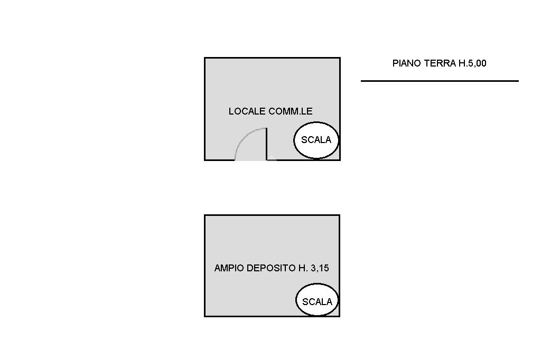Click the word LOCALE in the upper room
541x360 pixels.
coord(247,111)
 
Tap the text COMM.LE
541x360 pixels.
coord(291,111)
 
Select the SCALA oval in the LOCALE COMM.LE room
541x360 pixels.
coord(316,140)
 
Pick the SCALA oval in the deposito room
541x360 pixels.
coord(317,300)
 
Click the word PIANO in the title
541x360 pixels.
coord(405,63)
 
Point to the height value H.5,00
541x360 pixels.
coord(472,63)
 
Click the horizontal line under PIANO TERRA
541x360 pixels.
coord(440,81)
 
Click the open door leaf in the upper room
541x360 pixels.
coord(266,144)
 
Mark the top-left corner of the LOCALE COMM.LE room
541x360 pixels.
coord(205,58)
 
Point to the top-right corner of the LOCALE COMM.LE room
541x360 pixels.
coord(339,58)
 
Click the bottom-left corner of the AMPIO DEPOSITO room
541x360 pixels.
coord(205,316)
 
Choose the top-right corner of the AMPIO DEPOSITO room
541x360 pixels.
coord(339,215)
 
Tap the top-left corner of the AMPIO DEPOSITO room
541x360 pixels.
coord(205,215)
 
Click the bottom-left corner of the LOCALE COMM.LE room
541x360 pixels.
coord(205,159)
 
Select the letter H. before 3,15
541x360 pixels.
coord(303,268)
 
